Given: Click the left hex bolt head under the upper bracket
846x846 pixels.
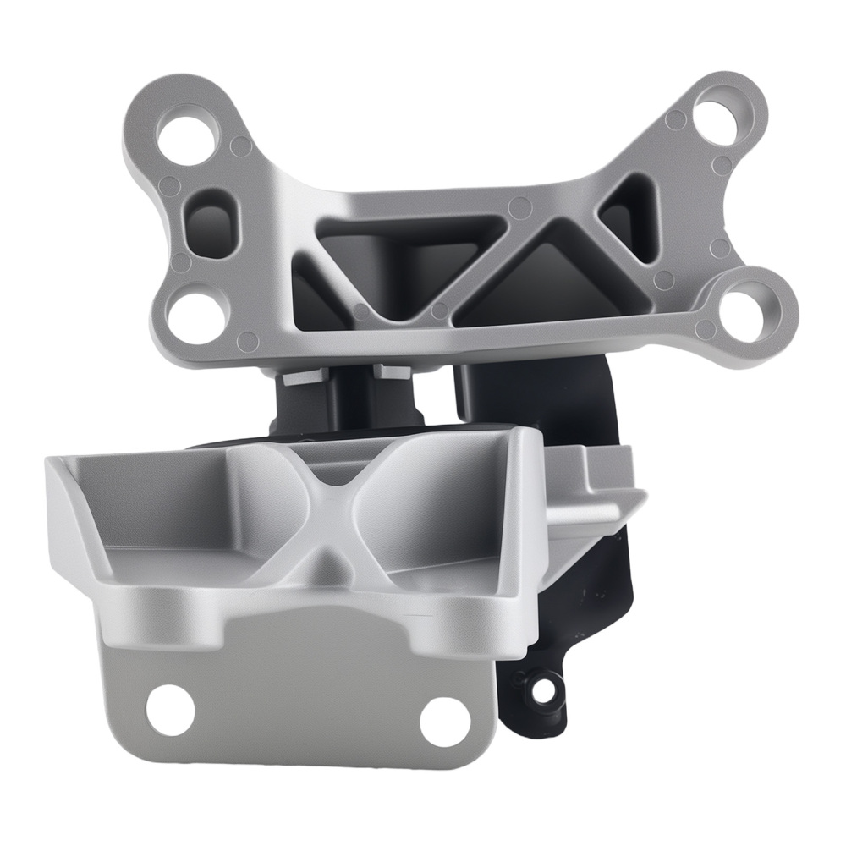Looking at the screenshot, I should click(x=301, y=376).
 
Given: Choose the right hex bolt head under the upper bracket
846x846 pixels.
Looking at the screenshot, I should click(x=392, y=371).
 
